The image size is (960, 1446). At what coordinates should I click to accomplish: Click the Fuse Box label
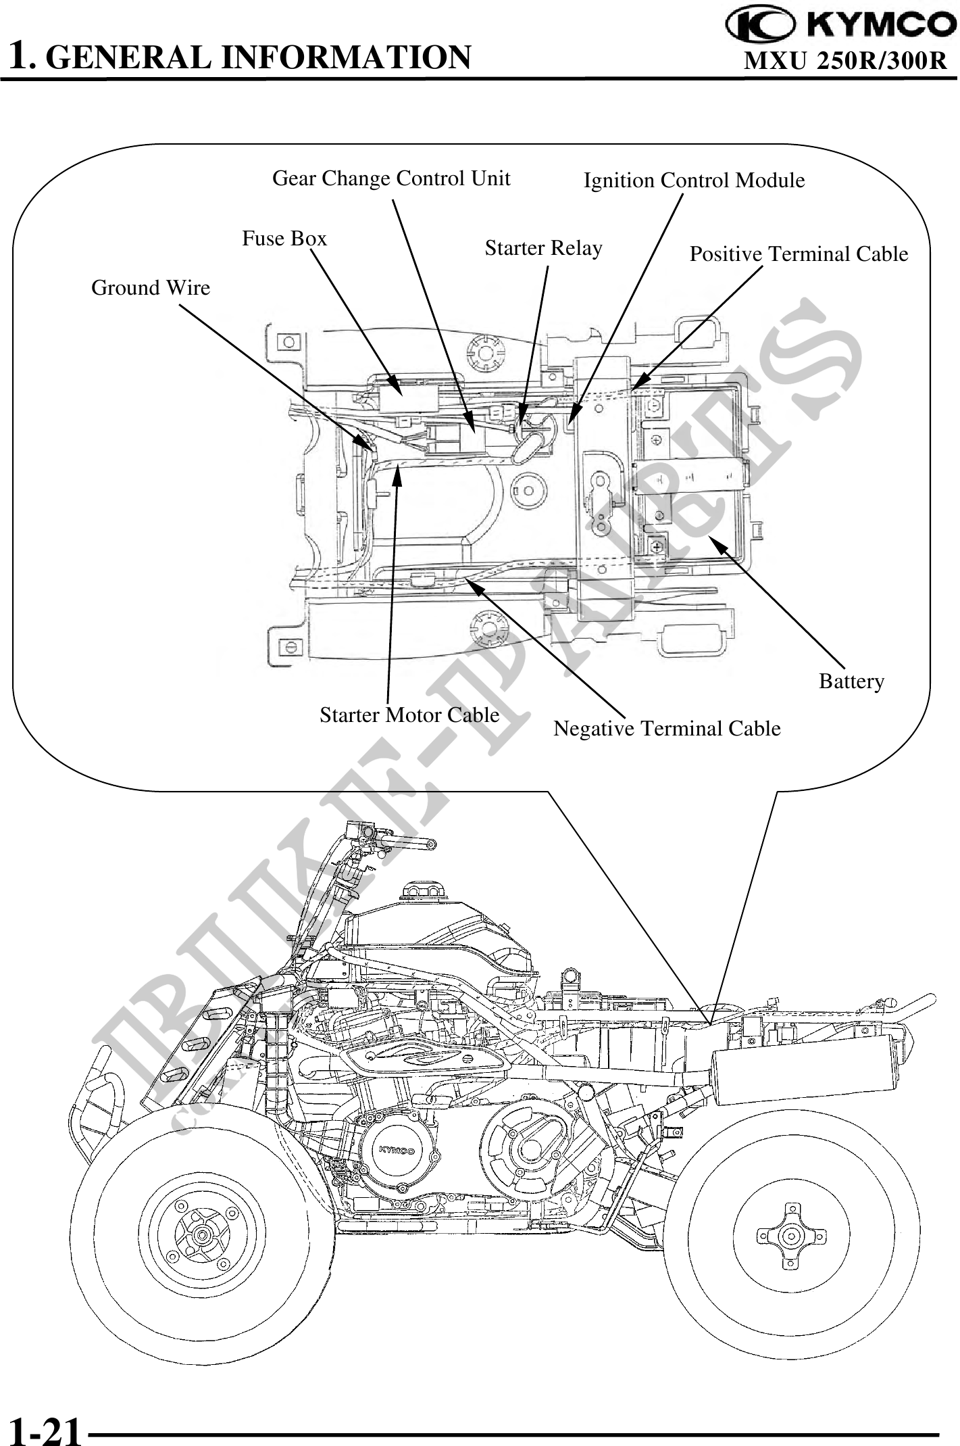284,239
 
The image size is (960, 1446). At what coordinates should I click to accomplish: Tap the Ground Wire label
151,288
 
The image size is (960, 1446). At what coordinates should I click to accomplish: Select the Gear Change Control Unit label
391,178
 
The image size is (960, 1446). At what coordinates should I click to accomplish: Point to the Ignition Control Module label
694,180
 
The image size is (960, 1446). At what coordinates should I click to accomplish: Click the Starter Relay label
543,248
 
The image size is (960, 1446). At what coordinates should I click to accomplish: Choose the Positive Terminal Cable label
799,254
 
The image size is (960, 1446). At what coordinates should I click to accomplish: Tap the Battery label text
851,681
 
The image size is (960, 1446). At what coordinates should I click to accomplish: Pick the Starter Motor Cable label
409,715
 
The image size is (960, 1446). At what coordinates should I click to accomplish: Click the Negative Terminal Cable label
667,728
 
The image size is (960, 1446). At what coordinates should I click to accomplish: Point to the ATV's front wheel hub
201,1235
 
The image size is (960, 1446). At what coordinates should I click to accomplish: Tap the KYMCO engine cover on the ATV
396,1150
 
